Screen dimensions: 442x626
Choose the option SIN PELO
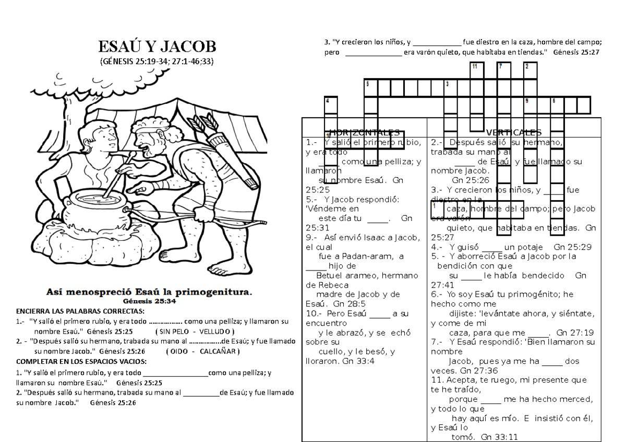[176, 331]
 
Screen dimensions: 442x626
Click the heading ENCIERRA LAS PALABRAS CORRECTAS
[80, 312]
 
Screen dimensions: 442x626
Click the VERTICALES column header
[514, 132]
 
